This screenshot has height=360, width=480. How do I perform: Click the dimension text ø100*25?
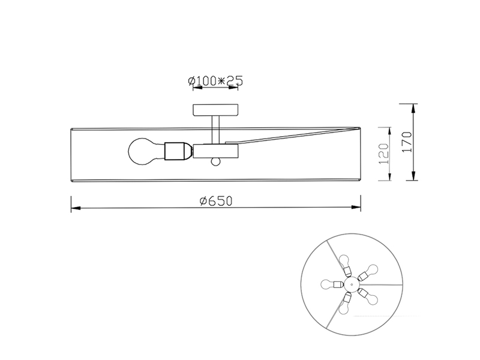pos(214,80)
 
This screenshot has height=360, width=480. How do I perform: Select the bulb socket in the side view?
pos(178,151)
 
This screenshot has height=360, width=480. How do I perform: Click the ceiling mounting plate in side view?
pos(215,110)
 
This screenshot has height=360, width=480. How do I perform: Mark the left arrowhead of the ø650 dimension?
pos(75,209)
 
